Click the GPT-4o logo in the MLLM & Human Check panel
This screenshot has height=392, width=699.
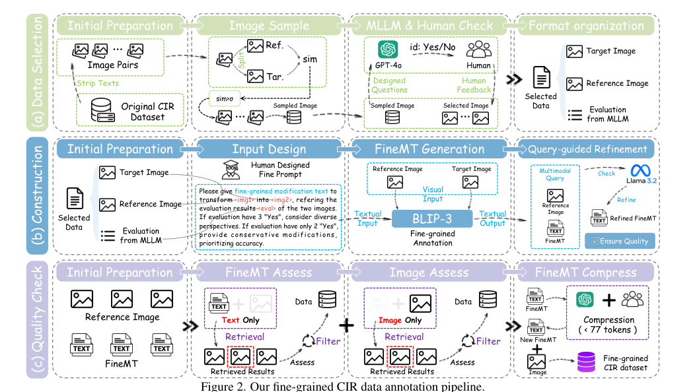(x=386, y=49)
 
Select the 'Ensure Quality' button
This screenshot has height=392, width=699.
(x=620, y=241)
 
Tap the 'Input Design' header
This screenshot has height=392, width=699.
(x=268, y=149)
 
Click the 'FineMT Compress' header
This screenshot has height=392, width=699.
(x=586, y=273)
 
